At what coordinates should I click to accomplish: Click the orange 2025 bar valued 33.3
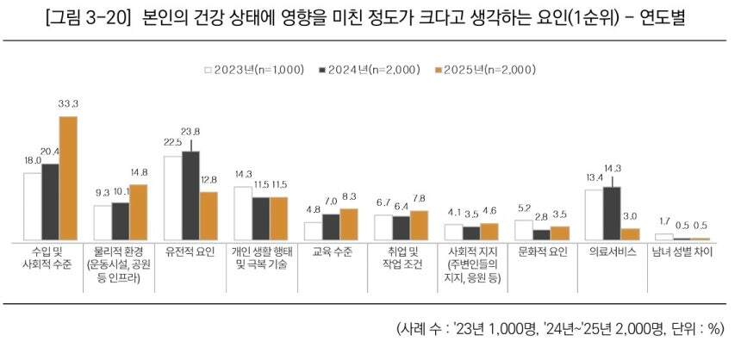(68, 178)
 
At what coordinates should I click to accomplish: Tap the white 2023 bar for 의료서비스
(595, 214)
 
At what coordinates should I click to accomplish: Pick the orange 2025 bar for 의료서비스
(631, 233)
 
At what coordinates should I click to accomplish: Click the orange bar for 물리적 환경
(138, 212)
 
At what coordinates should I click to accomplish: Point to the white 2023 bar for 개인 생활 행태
(243, 213)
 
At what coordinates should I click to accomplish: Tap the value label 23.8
(191, 131)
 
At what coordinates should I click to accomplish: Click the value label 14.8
(138, 171)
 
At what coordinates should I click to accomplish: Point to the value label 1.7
(664, 222)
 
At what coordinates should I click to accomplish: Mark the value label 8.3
(348, 197)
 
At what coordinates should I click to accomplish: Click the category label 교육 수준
(332, 251)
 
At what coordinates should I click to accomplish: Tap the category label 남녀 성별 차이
(682, 251)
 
